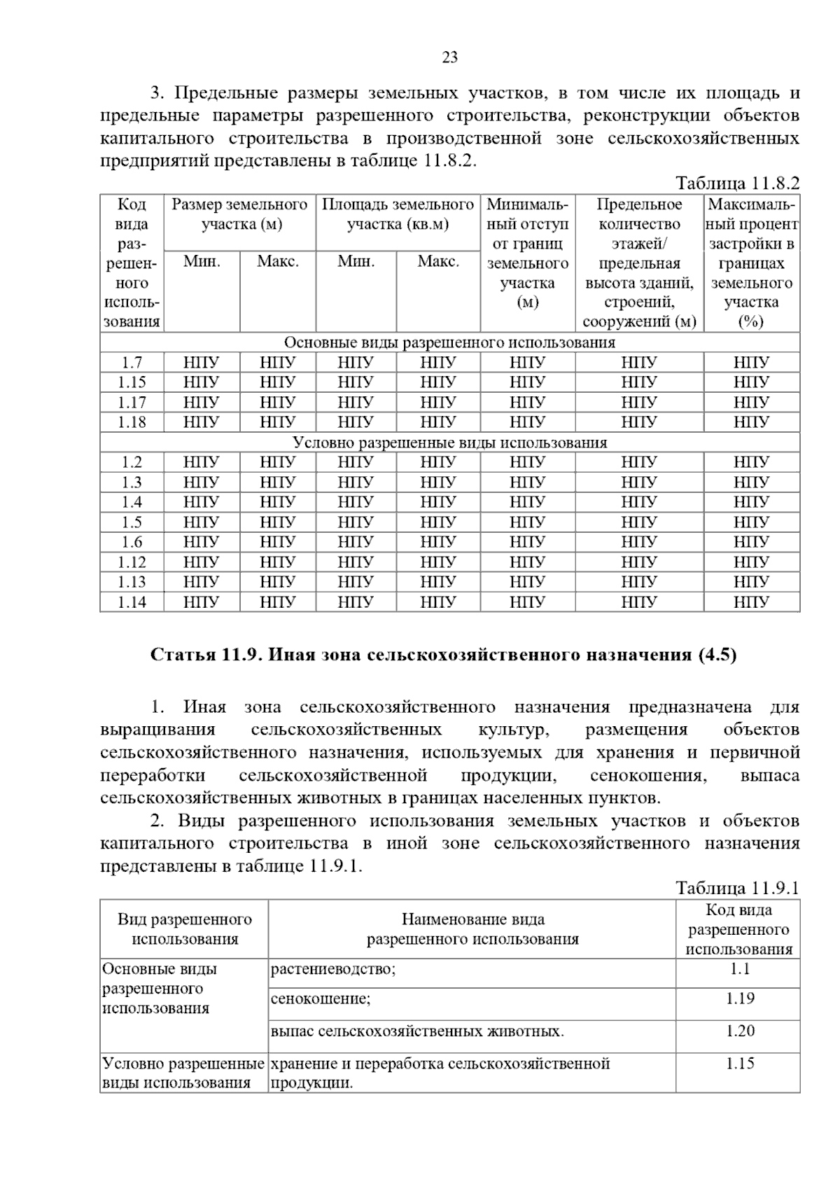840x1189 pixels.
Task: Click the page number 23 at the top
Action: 449,57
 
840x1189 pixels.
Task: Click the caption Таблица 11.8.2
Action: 737,183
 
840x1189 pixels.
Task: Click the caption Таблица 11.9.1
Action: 737,888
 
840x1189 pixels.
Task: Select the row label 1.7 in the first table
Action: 132,363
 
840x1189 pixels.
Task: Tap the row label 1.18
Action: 132,422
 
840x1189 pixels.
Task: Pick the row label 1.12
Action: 132,562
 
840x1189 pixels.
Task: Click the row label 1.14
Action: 132,602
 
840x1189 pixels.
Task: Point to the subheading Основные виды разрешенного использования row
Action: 449,342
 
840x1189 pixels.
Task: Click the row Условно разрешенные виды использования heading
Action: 449,443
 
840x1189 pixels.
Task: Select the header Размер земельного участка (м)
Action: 239,214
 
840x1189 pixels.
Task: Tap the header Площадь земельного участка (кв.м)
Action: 398,214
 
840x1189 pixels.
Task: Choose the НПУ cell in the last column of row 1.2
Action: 752,462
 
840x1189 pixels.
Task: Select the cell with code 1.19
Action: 739,999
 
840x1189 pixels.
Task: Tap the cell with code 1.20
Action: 739,1031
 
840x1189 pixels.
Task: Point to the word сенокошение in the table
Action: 321,999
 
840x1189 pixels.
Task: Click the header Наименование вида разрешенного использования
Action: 472,929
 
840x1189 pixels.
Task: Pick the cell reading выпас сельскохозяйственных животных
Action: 417,1031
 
